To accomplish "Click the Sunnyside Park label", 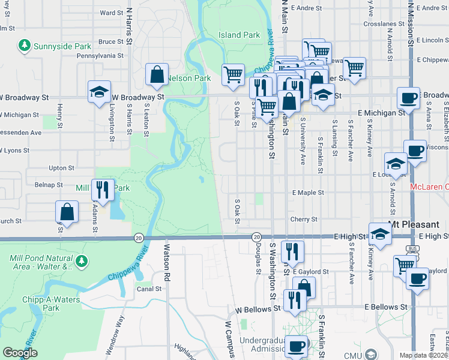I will tap(62, 46).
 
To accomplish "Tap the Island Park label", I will tap(240, 35).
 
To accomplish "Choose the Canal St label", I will tap(149, 289).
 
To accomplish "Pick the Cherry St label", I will tap(304, 220).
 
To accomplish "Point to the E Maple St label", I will tap(308, 193).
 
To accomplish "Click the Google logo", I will tap(19, 353).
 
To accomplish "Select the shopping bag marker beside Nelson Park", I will tap(157, 74).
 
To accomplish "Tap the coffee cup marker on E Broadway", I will tap(409, 98).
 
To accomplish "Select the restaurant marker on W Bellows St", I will tap(294, 299).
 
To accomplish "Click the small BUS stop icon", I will tap(412, 248).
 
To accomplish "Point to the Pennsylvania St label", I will tap(100, 55).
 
